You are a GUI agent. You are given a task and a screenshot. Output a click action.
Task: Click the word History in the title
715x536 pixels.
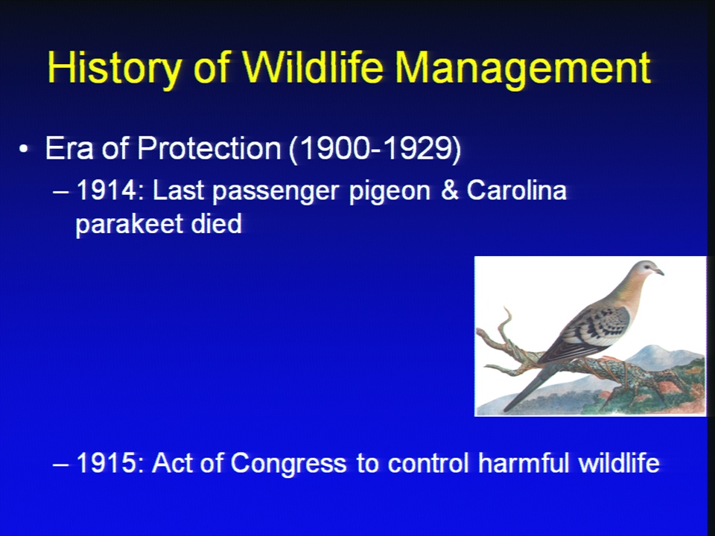click(114, 68)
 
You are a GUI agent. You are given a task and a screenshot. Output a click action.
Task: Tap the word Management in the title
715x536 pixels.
click(523, 68)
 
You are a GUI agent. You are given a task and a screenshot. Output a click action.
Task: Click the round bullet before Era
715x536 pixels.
click(24, 149)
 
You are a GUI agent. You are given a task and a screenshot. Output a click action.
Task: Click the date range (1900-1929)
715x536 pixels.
click(375, 149)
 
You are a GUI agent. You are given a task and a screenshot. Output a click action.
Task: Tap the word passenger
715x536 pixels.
click(276, 192)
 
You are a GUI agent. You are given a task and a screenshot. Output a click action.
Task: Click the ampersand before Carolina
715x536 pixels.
click(450, 190)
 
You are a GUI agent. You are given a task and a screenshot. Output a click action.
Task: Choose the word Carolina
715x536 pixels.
click(516, 190)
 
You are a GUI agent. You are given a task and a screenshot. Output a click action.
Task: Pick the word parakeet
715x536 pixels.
click(129, 225)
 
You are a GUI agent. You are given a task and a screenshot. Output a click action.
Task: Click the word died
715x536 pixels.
click(216, 223)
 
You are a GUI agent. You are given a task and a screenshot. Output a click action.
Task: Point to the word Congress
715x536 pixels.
click(288, 465)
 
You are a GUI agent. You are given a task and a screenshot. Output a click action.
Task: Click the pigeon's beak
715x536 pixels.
click(659, 272)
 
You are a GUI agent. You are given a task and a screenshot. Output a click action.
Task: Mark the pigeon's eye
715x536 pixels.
click(647, 268)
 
